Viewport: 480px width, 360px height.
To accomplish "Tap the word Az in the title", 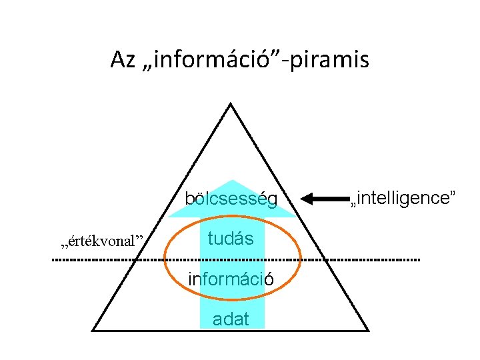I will click(123, 61).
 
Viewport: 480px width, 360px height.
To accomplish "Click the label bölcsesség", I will click(231, 199).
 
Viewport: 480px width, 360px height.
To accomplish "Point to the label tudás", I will click(230, 238).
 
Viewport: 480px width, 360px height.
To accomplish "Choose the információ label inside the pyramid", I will click(231, 279).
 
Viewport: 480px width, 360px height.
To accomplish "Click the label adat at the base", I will click(231, 319).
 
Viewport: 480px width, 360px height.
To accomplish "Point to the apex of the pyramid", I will click(230, 103).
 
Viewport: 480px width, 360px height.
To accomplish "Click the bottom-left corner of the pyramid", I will click(93, 330).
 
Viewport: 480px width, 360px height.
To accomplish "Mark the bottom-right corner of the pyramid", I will click(368, 330).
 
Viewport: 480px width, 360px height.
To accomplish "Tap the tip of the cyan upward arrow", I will click(231, 180).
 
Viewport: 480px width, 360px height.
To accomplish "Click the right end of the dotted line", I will click(419, 259).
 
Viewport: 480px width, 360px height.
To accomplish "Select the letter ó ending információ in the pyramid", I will click(269, 279).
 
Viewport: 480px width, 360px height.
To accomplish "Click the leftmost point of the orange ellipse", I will click(164, 259).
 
